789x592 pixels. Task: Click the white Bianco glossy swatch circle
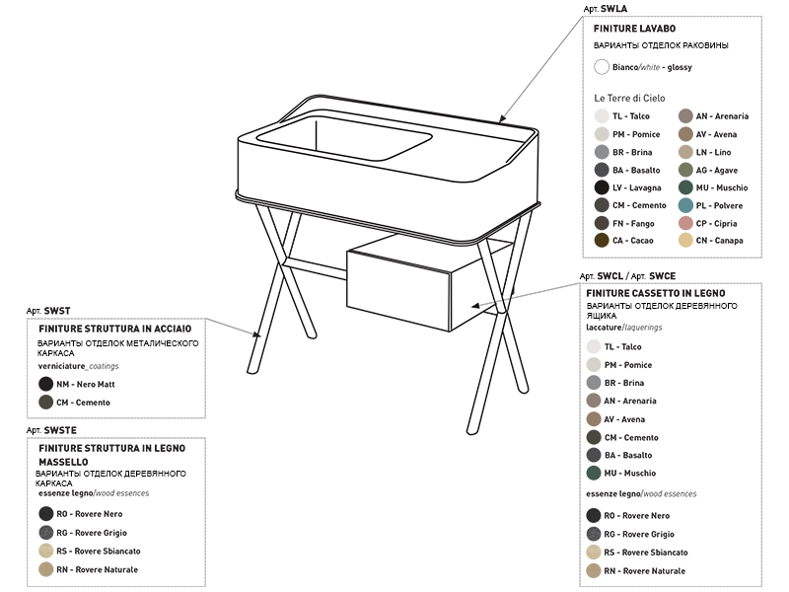[x=602, y=67]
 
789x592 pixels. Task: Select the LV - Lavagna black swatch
[x=602, y=187]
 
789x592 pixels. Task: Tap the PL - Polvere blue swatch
[x=685, y=205]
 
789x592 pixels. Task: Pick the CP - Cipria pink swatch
[x=685, y=223]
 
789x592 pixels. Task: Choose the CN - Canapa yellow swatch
[x=685, y=240]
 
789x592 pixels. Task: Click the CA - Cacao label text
[x=632, y=241]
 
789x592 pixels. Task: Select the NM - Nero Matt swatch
[x=45, y=384]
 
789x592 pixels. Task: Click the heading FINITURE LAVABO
[x=634, y=29]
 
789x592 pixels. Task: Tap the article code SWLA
[x=613, y=9]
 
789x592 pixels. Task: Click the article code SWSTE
[x=60, y=430]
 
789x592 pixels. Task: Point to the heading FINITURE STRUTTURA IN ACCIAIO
[x=115, y=329]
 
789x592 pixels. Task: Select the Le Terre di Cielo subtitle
[x=629, y=98]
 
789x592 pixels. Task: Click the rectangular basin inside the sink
[x=344, y=138]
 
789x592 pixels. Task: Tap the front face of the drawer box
[x=398, y=291]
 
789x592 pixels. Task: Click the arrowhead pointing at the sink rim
[x=501, y=118]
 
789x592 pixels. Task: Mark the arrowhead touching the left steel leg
[x=257, y=334]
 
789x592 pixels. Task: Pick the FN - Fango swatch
[x=602, y=223]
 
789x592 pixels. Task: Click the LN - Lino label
[x=713, y=152]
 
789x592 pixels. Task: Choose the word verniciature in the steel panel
[x=61, y=366]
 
